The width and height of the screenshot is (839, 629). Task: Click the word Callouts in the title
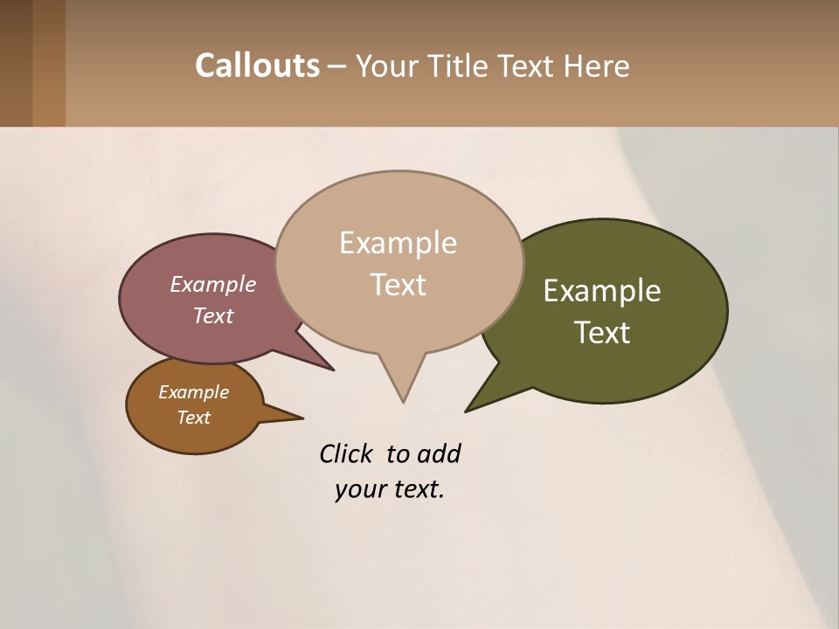tap(257, 66)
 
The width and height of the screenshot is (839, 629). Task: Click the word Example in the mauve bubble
tap(213, 284)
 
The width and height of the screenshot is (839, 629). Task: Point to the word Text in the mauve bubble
tap(213, 315)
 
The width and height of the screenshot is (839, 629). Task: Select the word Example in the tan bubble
tap(399, 243)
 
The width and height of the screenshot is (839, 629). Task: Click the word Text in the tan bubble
tap(399, 285)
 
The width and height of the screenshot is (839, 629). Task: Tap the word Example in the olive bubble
tap(602, 291)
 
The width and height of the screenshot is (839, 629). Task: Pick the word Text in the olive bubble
tap(602, 333)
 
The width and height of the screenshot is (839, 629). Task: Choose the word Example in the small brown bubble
tap(194, 392)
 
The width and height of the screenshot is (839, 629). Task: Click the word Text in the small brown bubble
tap(194, 418)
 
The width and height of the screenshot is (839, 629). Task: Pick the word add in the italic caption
tap(439, 453)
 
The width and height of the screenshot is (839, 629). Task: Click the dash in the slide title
tap(337, 66)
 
